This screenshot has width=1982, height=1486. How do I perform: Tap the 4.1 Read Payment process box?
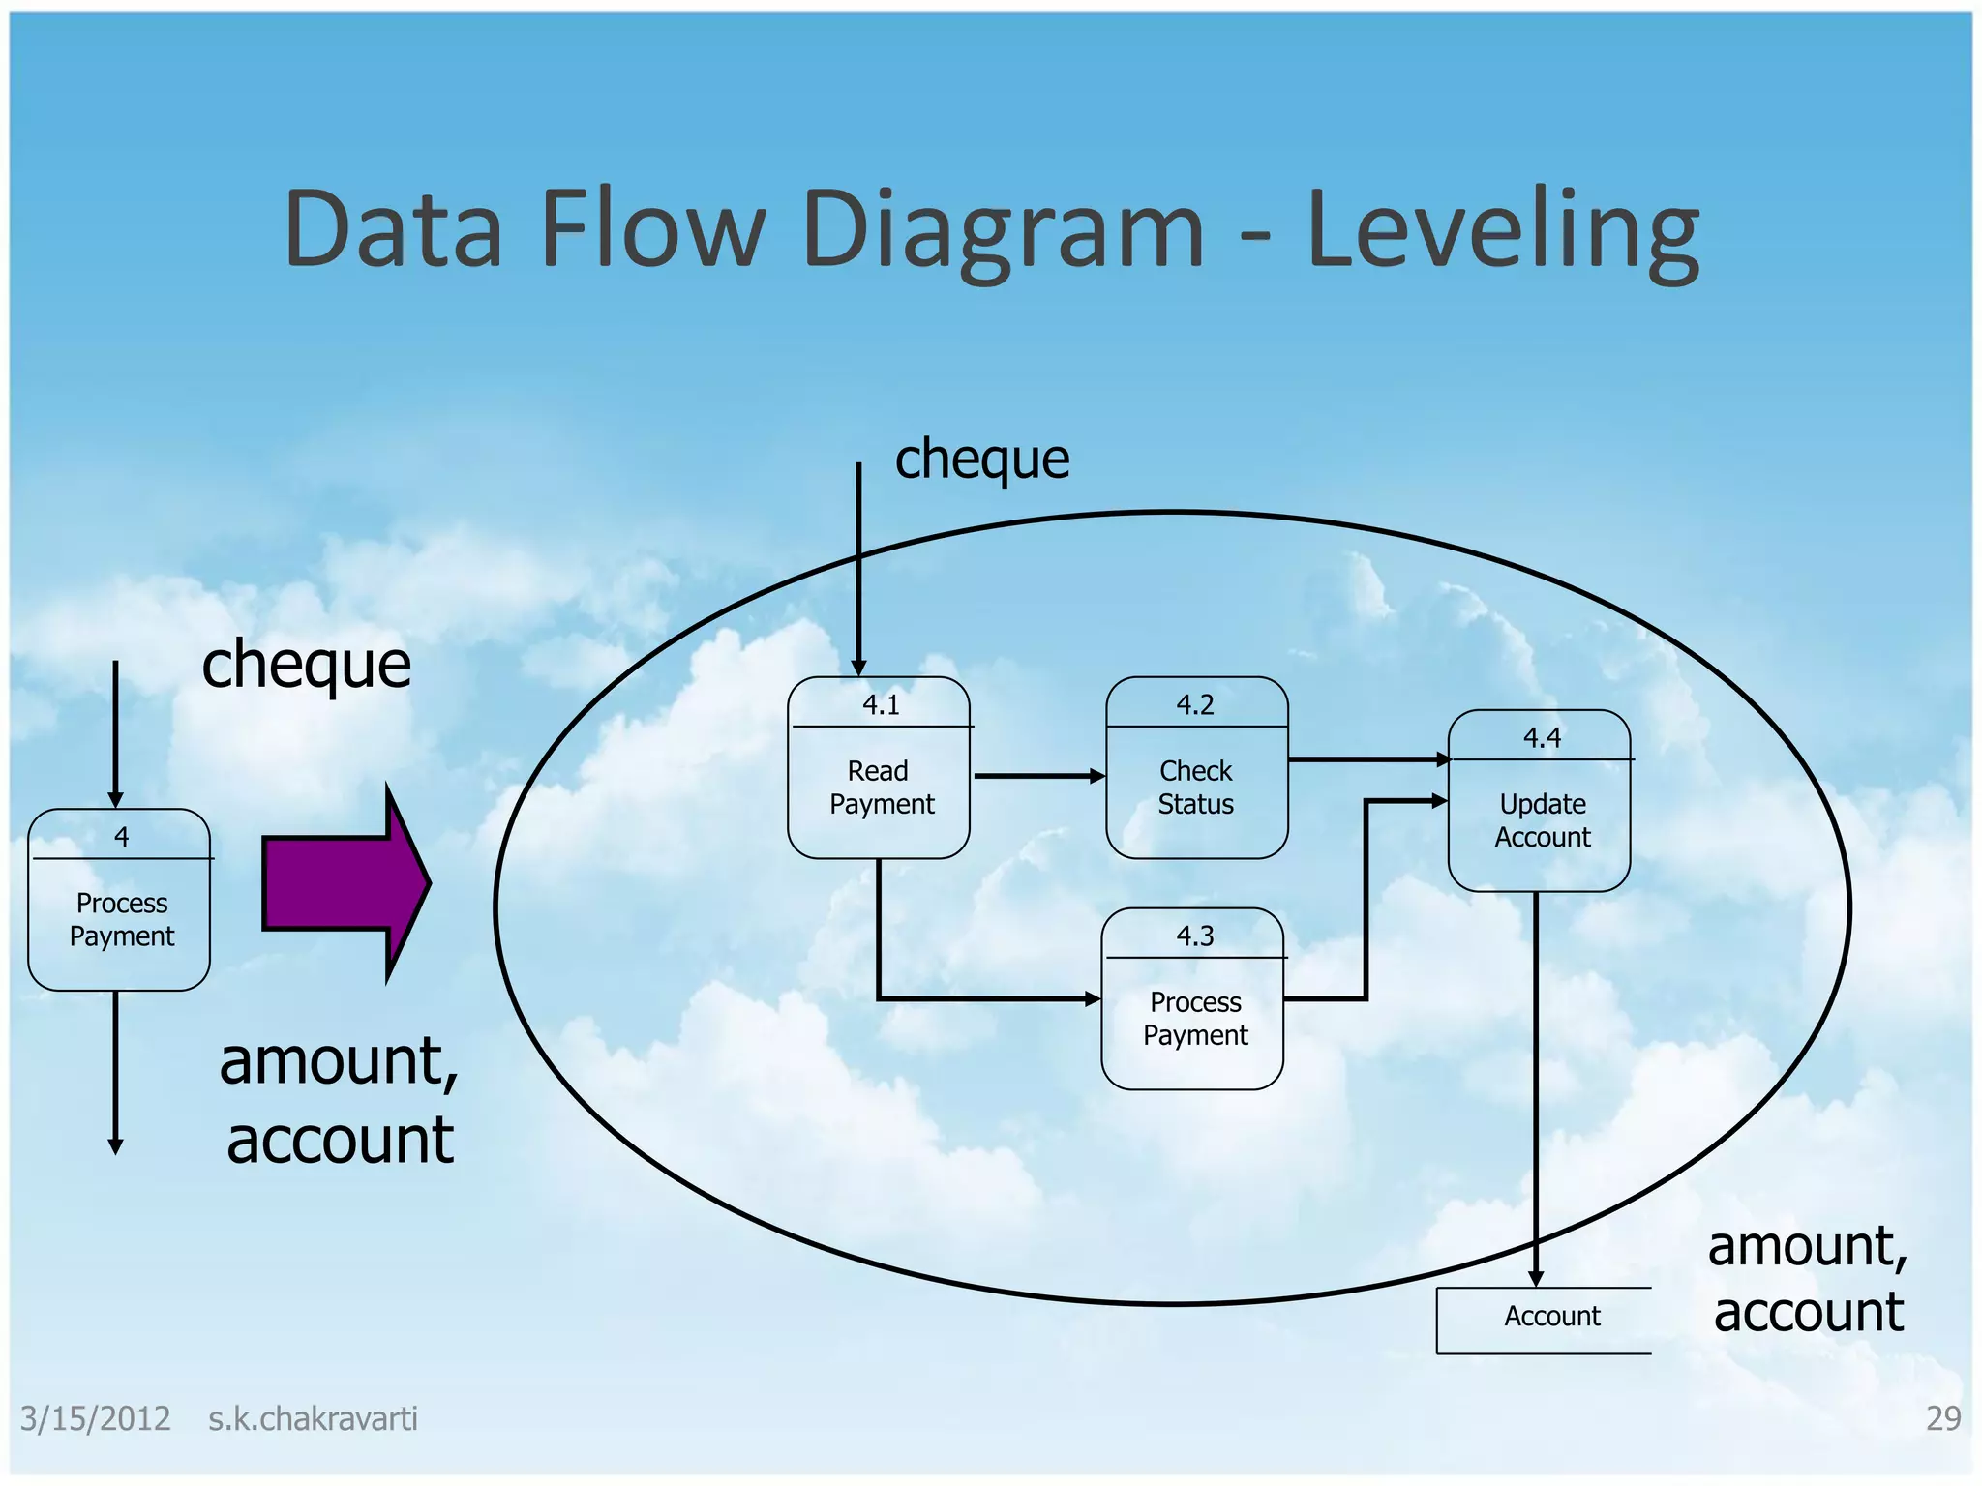coord(879,768)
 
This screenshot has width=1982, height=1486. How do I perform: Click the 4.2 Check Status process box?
coord(1196,768)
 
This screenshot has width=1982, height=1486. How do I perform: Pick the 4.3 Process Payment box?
coord(1192,999)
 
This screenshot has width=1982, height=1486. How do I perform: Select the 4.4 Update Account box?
coord(1539,801)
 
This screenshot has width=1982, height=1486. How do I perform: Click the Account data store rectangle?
coord(1545,1320)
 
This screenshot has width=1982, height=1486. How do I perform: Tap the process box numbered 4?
coord(120,900)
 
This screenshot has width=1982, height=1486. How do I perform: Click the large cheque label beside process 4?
coord(306,665)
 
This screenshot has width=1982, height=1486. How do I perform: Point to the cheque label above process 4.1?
coord(981,459)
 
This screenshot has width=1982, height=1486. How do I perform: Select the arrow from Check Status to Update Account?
coord(1368,759)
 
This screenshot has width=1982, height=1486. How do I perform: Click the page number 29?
coord(1942,1418)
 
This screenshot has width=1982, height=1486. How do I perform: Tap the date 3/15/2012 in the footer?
coord(95,1419)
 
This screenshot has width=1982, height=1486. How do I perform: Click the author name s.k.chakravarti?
coord(313,1419)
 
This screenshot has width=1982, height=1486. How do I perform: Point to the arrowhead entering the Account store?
coord(1536,1279)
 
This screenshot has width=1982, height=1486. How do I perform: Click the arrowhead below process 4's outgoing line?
coord(115,1146)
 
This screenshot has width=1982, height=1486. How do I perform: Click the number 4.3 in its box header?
coord(1194,936)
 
